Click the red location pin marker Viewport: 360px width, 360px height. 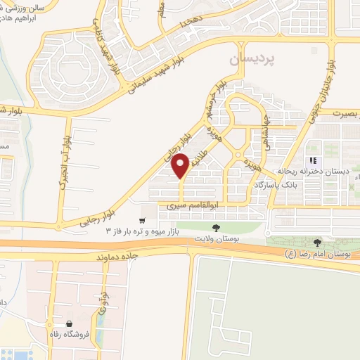click(181, 165)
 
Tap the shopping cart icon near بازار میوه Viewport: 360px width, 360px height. click(142, 219)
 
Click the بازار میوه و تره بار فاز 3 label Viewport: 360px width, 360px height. click(150, 231)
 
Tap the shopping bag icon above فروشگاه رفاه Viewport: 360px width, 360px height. click(70, 325)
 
